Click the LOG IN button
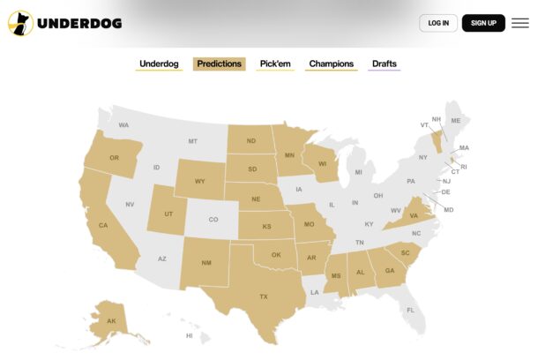(x=437, y=23)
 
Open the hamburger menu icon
(x=520, y=23)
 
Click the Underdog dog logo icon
(x=19, y=23)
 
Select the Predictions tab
(x=219, y=64)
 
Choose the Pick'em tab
(x=275, y=64)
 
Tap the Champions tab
(x=331, y=64)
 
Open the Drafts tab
(x=385, y=64)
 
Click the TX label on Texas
(x=263, y=296)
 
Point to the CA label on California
(x=103, y=226)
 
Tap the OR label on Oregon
(x=114, y=158)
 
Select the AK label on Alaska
(x=111, y=320)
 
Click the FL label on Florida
(x=410, y=310)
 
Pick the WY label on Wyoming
(x=200, y=182)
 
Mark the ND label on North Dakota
(x=251, y=140)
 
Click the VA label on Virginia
(x=414, y=215)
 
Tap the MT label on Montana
(x=192, y=141)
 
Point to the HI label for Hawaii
(x=189, y=335)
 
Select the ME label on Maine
(x=456, y=120)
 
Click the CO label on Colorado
(x=213, y=220)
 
